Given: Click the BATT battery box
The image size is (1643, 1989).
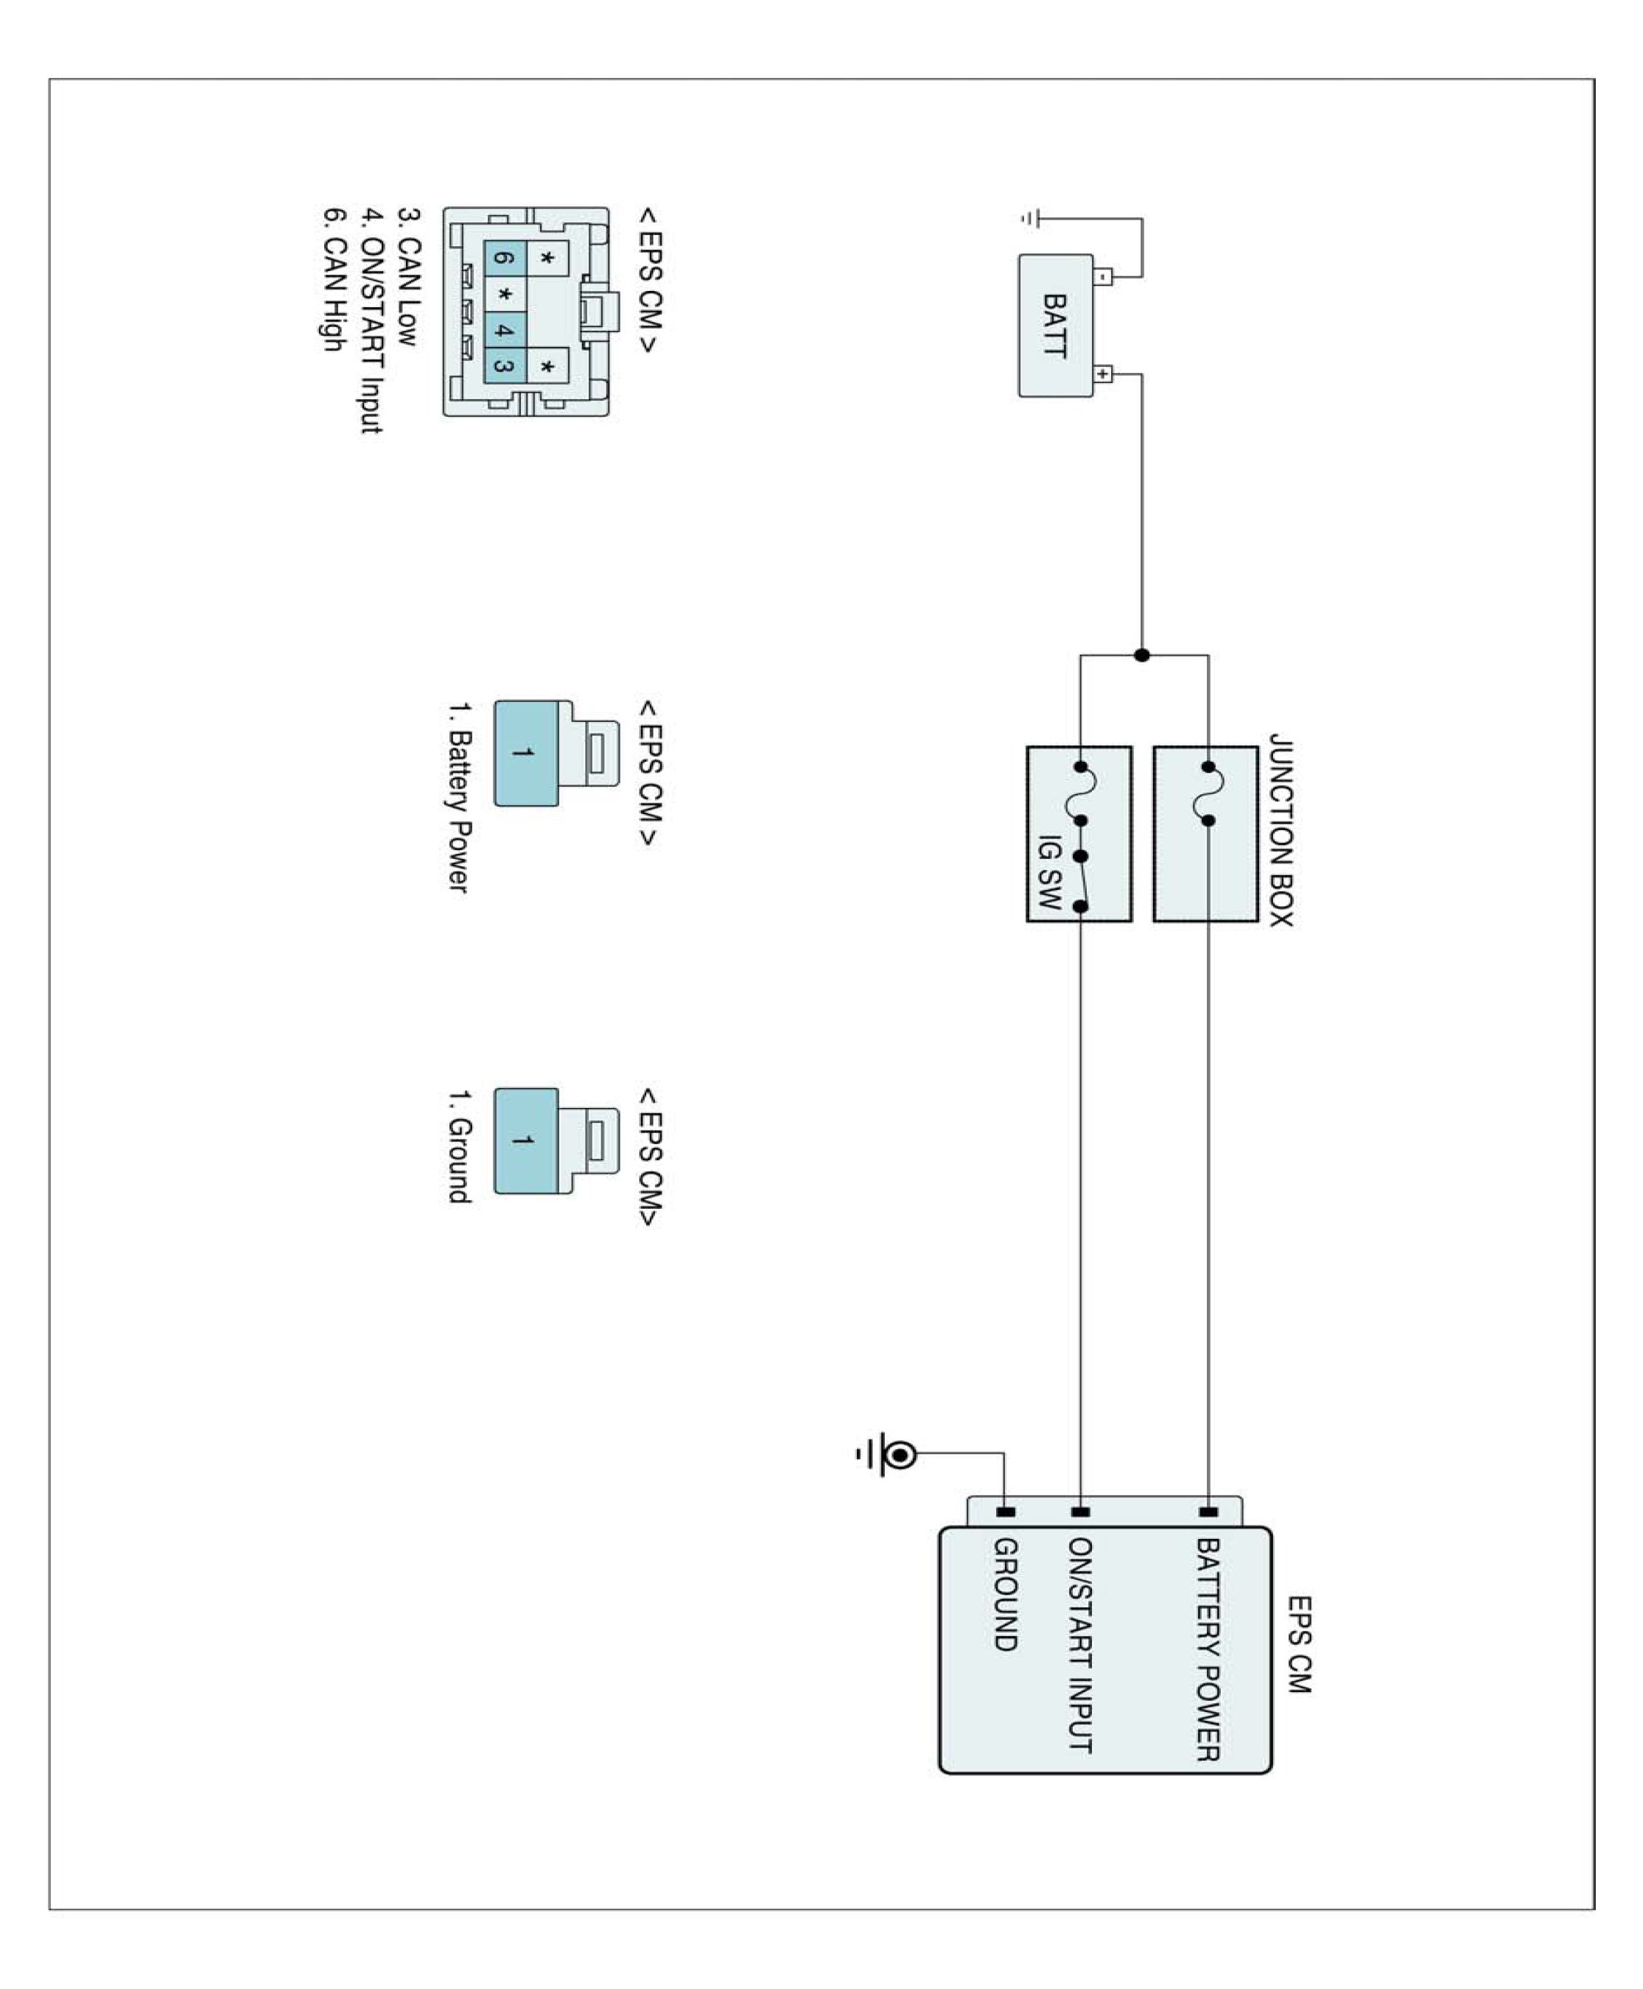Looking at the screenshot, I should click(1054, 325).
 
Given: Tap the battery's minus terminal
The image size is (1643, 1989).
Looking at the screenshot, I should click(1104, 276).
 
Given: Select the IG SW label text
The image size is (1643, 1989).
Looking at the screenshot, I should click(1048, 871).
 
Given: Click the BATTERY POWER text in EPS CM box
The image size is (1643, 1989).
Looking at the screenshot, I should click(1208, 1649).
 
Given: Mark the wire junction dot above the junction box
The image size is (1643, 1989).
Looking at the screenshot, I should click(1142, 655).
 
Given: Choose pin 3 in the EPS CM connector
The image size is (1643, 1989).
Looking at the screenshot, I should click(505, 366).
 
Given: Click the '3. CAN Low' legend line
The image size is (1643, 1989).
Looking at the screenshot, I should click(408, 276).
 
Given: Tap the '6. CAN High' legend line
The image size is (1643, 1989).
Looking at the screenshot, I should click(332, 279).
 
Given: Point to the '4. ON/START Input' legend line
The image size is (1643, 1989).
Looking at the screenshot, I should click(371, 320).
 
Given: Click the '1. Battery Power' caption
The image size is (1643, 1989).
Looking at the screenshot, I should click(458, 797).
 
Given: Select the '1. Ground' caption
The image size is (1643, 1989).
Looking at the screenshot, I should click(458, 1146).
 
